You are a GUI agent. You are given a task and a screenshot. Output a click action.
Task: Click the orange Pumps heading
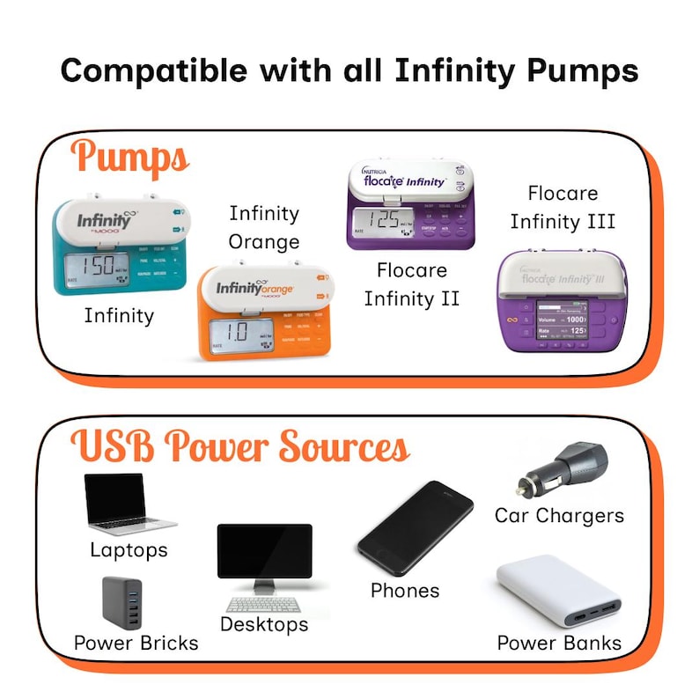131,158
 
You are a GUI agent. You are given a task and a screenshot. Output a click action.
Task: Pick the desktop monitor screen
264,551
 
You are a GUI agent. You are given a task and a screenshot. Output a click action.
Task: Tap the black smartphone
415,528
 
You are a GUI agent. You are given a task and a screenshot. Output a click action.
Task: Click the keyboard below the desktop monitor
264,605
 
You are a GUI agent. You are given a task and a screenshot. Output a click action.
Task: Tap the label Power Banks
559,643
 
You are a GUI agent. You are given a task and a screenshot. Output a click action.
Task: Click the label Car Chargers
559,515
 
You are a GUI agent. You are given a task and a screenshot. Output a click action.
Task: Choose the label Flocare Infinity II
412,283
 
